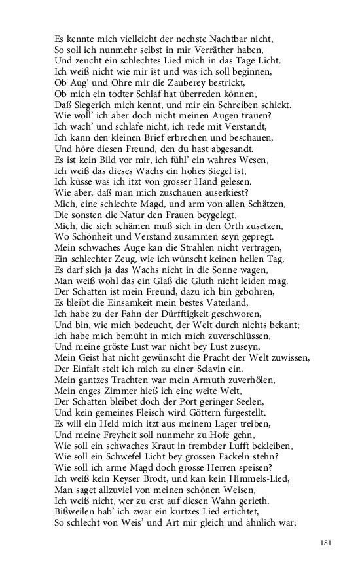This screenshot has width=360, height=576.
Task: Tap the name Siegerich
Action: [95, 105]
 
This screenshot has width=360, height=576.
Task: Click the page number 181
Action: [328, 543]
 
